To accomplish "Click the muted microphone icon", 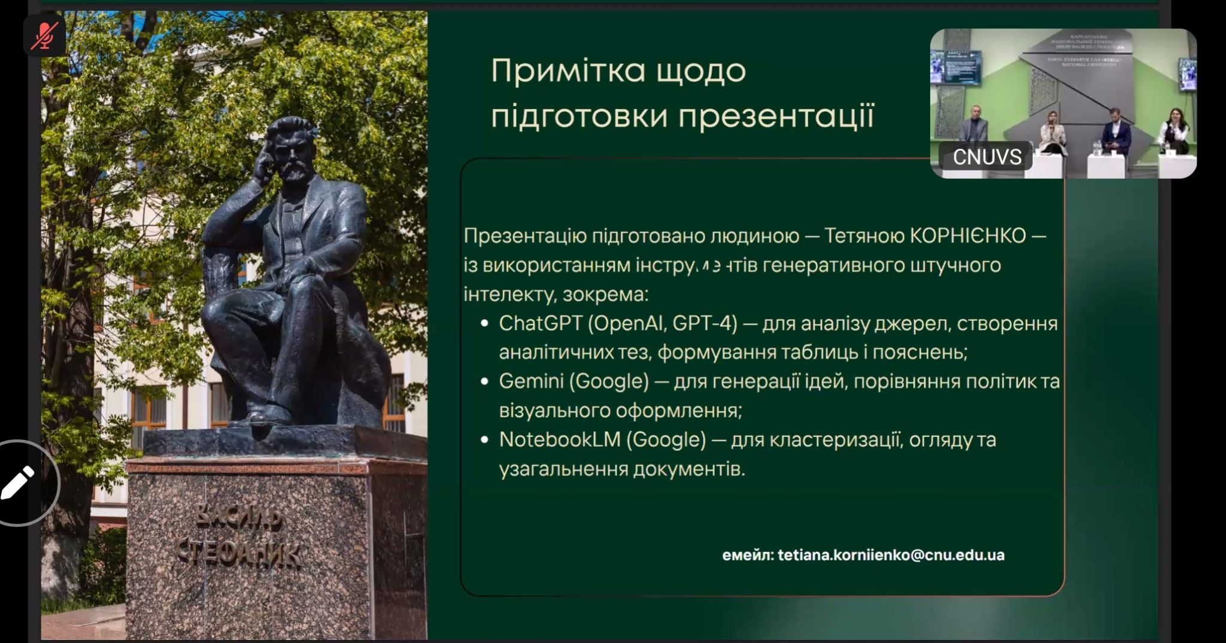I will click(44, 35).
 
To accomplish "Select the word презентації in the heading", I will click(776, 116).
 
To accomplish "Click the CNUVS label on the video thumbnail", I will click(987, 157).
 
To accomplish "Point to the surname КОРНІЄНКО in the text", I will click(967, 236).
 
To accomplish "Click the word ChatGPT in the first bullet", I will click(540, 323).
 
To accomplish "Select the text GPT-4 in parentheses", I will click(705, 323).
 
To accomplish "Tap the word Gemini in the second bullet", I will click(530, 381).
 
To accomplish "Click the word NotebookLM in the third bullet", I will click(560, 439).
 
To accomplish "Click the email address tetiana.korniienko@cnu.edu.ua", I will click(891, 555).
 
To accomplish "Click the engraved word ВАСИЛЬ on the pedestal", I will click(238, 516).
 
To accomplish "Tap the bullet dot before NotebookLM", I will click(485, 440).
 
